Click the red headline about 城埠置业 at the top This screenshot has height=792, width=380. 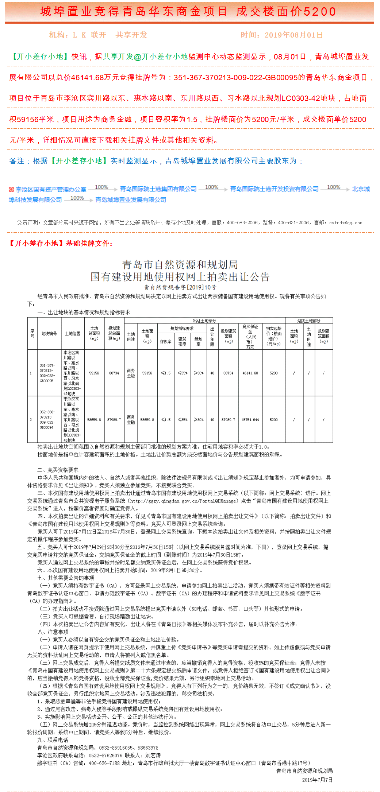tap(188, 12)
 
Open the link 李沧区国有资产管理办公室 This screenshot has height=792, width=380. tap(51, 190)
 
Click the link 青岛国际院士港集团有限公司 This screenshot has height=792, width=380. tap(158, 189)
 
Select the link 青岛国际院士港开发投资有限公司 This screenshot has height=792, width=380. tap(274, 189)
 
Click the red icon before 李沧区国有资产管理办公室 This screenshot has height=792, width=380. tap(11, 190)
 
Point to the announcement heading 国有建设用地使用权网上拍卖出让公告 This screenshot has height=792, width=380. tap(180, 277)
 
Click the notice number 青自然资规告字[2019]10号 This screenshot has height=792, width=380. tap(180, 287)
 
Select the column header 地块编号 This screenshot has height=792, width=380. tap(49, 334)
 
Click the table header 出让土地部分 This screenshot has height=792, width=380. tap(204, 321)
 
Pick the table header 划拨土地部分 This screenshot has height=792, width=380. tap(308, 321)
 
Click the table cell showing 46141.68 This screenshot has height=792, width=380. tap(250, 373)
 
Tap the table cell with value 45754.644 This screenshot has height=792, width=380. tap(250, 420)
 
